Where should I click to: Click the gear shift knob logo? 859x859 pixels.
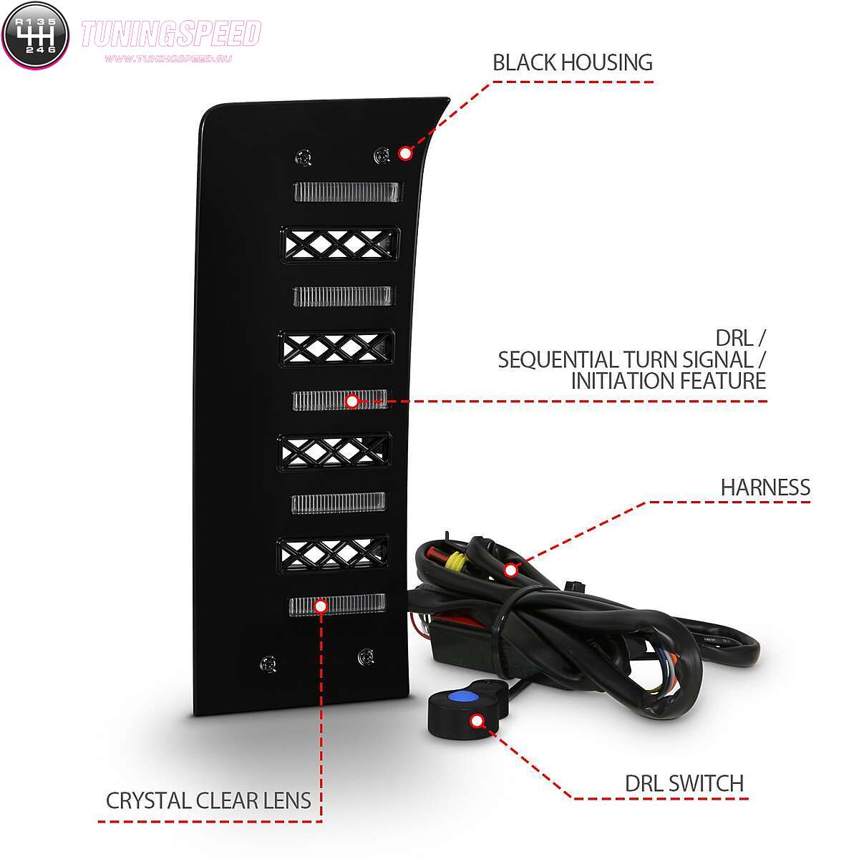point(35,35)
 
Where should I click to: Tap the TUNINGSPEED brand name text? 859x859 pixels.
point(171,34)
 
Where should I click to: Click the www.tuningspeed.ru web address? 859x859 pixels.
point(168,59)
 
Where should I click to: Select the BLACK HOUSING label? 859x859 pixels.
point(573,62)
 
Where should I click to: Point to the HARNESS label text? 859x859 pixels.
point(765,487)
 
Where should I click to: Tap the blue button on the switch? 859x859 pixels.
point(459,696)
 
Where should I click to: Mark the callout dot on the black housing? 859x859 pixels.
point(405,153)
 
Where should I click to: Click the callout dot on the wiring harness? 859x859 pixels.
point(511,570)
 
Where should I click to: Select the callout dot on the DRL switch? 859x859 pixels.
point(477,721)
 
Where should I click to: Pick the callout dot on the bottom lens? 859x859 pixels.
point(321,606)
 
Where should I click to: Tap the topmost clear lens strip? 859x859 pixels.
point(348,192)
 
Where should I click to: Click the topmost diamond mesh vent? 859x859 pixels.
point(340,245)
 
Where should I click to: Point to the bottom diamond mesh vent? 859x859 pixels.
point(332,553)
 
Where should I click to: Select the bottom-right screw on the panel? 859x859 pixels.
point(366,656)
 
